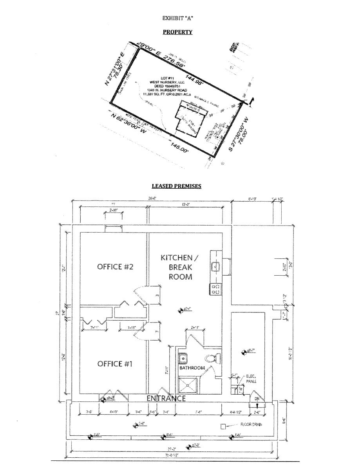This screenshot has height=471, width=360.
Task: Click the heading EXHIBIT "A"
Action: click(177, 18)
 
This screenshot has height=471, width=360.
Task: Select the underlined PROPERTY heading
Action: click(177, 32)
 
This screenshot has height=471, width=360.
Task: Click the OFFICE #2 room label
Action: click(116, 267)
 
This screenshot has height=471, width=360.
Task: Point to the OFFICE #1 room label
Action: click(115, 364)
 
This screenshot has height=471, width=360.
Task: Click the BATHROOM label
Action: click(192, 368)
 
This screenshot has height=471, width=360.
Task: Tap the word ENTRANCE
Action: click(166, 398)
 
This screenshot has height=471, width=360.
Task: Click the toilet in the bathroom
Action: click(213, 358)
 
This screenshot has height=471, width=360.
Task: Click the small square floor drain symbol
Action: click(223, 426)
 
